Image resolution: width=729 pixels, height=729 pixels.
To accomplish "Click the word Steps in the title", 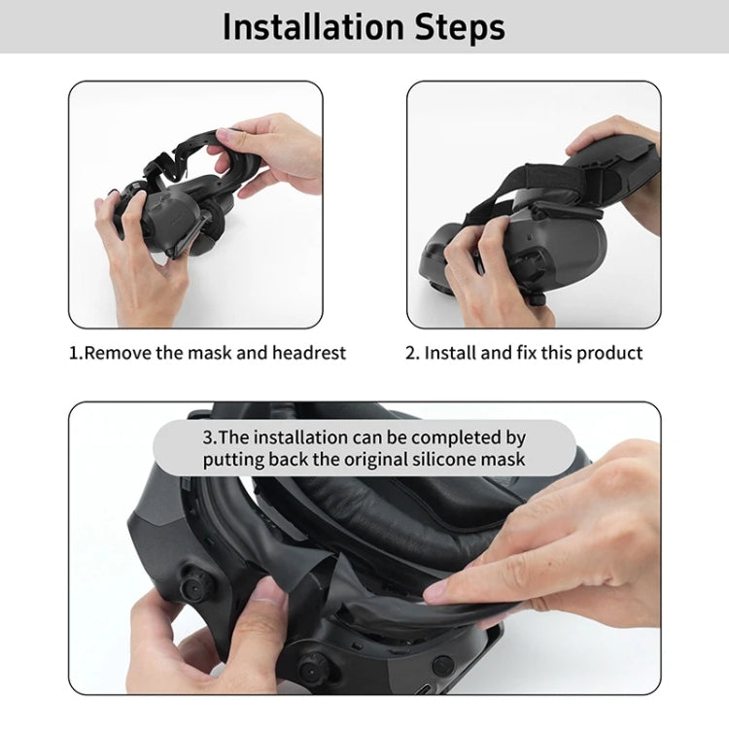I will point(460,26).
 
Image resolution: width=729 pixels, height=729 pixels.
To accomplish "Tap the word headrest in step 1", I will point(306,353).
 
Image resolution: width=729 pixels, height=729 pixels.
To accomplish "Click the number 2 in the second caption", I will point(410,353).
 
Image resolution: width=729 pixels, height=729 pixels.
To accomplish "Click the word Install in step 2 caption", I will point(453,353).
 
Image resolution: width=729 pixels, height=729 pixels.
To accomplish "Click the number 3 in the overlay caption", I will point(208,436).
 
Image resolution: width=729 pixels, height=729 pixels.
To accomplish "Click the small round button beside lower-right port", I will point(443,666).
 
